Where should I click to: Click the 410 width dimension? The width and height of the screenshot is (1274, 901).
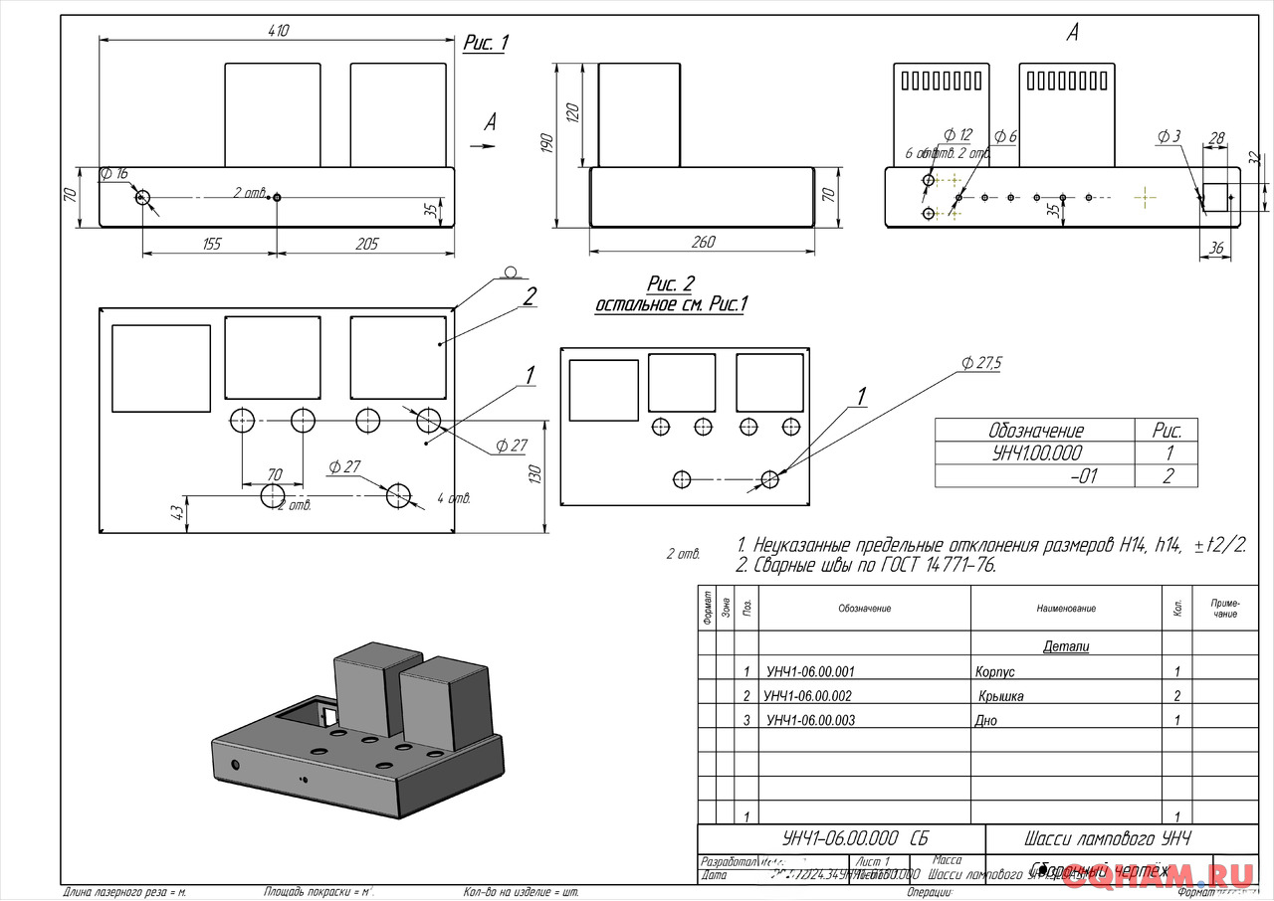tap(277, 31)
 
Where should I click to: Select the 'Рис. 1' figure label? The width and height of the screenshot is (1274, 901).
tap(486, 43)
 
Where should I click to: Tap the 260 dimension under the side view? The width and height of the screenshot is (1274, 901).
tap(703, 242)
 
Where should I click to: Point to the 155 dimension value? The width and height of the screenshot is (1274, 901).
tap(211, 244)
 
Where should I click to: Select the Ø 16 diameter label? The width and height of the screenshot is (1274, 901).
tap(114, 174)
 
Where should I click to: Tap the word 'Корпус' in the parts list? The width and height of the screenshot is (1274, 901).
tap(996, 672)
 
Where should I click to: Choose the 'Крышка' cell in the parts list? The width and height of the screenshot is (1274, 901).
tap(1000, 696)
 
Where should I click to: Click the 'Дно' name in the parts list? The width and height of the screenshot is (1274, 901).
tap(985, 721)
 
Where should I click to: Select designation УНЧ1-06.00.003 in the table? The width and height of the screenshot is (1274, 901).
tap(810, 721)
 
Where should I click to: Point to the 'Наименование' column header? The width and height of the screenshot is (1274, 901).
tap(1065, 609)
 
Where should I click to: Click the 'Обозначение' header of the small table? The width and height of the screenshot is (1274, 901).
tap(1035, 431)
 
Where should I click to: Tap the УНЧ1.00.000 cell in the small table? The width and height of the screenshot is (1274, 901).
tap(1035, 453)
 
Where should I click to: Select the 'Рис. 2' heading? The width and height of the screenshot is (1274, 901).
tap(671, 286)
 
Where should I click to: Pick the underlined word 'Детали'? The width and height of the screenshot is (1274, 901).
tap(1066, 646)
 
